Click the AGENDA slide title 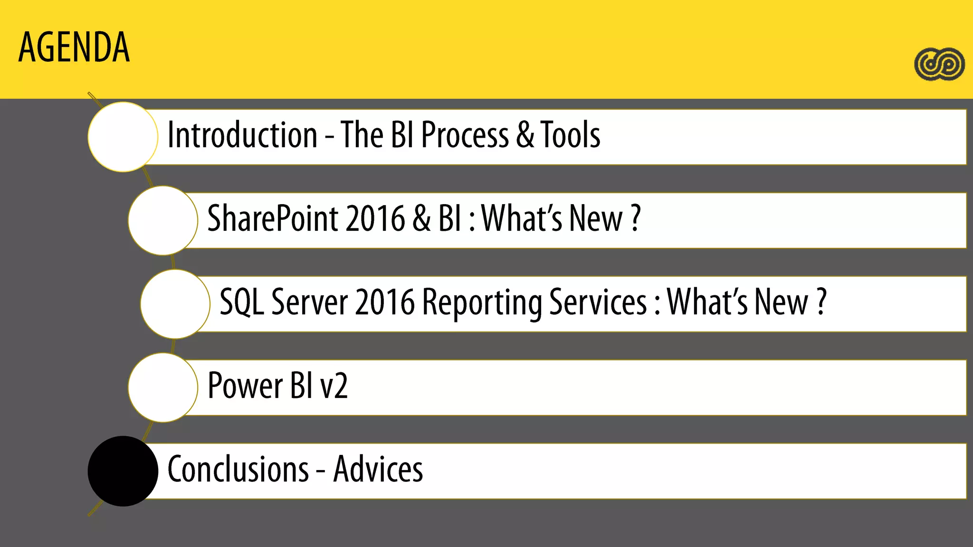(x=74, y=47)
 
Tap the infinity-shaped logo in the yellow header (x=939, y=64)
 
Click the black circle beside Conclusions (x=123, y=471)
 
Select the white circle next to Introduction (x=123, y=137)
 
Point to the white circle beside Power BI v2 (x=163, y=387)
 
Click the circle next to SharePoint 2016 (x=163, y=220)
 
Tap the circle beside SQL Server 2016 (x=175, y=304)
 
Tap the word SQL (x=241, y=302)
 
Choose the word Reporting (x=482, y=302)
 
